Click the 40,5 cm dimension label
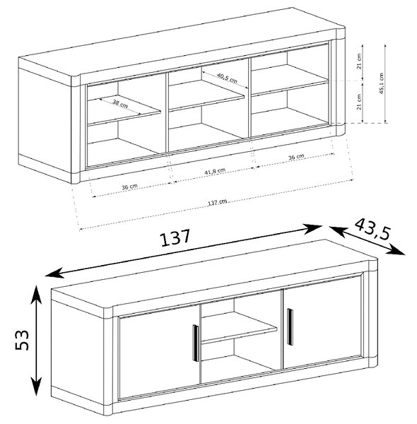pos(227,78)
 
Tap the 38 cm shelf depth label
pos(120,104)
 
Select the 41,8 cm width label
pos(215,172)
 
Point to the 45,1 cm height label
pos(381,83)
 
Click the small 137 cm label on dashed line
pos(218,202)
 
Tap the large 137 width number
pos(175,237)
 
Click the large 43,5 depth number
pos(372,229)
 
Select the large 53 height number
pos(22,340)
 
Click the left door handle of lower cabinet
pos(195,343)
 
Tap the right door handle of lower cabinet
pos(290,326)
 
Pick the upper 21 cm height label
pos(359,61)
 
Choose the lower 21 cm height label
pos(359,102)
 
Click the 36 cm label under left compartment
pos(129,187)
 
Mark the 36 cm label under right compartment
pos(296,157)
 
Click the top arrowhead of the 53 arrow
pos(36,293)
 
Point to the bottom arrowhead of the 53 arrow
pos(36,387)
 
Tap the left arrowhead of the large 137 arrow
pos(54,273)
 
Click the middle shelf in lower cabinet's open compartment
pos(239,327)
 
